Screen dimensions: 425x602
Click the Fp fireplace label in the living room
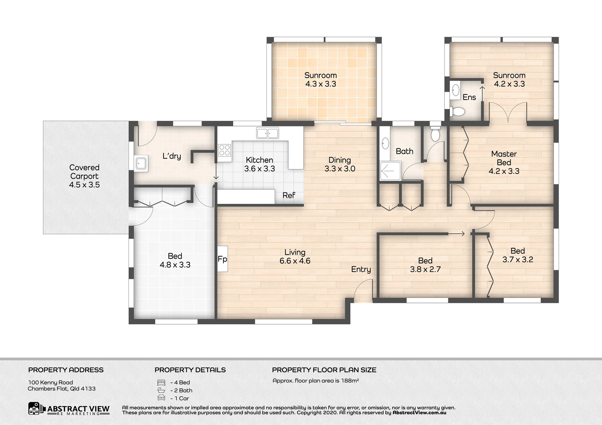222,259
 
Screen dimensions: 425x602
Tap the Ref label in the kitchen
288,195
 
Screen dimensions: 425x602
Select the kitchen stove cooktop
225,150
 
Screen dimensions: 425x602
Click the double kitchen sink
268,133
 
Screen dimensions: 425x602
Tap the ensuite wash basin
455,90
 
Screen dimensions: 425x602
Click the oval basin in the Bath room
385,144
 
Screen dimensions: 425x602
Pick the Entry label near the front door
361,269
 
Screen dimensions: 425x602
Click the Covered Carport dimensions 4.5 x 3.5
84,185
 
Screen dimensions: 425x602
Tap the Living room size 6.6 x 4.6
295,261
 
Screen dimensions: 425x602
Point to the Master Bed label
504,158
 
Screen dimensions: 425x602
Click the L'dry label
172,156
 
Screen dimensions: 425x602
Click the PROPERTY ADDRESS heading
66,370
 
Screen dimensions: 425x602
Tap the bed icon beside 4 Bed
161,382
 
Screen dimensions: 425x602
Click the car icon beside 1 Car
161,398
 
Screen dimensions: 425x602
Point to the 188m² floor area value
349,381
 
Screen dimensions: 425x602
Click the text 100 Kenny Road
50,382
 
